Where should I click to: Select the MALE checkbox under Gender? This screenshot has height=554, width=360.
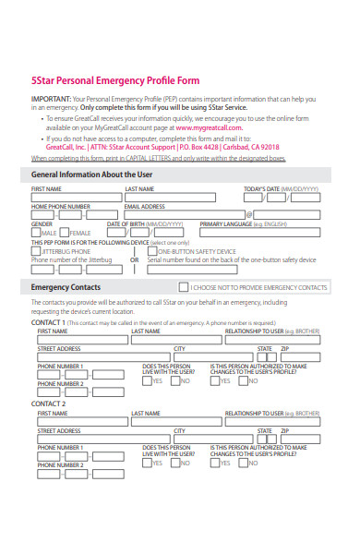click(35, 233)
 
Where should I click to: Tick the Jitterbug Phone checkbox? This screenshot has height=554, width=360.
click(35, 251)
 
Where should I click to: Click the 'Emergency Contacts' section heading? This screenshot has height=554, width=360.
click(66, 287)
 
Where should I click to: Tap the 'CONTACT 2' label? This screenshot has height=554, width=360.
click(49, 404)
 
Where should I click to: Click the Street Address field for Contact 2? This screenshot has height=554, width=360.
click(102, 440)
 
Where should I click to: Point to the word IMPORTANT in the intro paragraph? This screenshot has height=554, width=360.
click(50, 98)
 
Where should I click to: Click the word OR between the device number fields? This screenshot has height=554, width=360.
click(135, 259)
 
